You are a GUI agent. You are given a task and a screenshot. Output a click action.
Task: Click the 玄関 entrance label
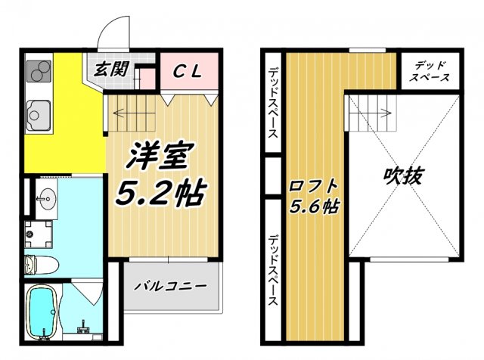pyautogui.click(x=110, y=70)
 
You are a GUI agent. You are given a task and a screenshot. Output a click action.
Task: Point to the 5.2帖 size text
pyautogui.click(x=159, y=194)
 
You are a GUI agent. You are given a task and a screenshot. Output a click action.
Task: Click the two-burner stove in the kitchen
pyautogui.click(x=37, y=73)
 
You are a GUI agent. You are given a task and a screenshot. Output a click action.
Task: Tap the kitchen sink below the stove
pyautogui.click(x=36, y=115)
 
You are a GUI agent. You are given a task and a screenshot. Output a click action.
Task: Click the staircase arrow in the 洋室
pyautogui.click(x=133, y=115)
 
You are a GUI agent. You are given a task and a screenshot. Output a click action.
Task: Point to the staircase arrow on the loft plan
pyautogui.click(x=371, y=115)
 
